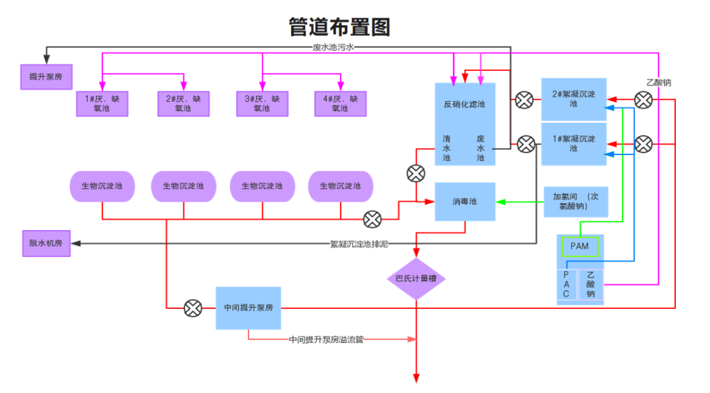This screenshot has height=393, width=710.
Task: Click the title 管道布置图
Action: pos(339,27)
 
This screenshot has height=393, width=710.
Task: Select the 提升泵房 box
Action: pos(46,77)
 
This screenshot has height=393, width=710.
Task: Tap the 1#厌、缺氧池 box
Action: pos(102,104)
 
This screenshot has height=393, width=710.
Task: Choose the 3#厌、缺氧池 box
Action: pos(262,104)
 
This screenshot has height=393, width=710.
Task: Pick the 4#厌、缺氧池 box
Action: pos(340,104)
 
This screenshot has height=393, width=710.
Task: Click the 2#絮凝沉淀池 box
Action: pos(573,99)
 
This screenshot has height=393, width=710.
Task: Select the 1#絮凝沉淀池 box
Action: pos(573,144)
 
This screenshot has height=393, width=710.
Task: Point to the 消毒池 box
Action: pos(465,201)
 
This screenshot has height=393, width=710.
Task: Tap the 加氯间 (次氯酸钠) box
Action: pos(575,201)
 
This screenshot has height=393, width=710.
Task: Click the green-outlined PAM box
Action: pos(579,246)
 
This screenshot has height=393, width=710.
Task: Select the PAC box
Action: pos(567,285)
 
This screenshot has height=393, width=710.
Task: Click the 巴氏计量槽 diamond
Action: pos(416,279)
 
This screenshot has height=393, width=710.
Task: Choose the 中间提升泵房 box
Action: pos(248,308)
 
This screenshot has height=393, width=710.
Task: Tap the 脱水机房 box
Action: pos(46,243)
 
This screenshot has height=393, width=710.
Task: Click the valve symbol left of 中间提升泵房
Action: pos(193,308)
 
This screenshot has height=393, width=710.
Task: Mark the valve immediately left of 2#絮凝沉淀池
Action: pos(524,100)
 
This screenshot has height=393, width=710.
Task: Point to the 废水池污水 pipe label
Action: pos(333,47)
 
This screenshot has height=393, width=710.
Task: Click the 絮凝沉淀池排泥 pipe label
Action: pos(359,244)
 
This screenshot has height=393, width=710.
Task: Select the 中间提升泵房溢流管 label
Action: pos(326,340)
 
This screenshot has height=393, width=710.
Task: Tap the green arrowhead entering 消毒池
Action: pos(500,202)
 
